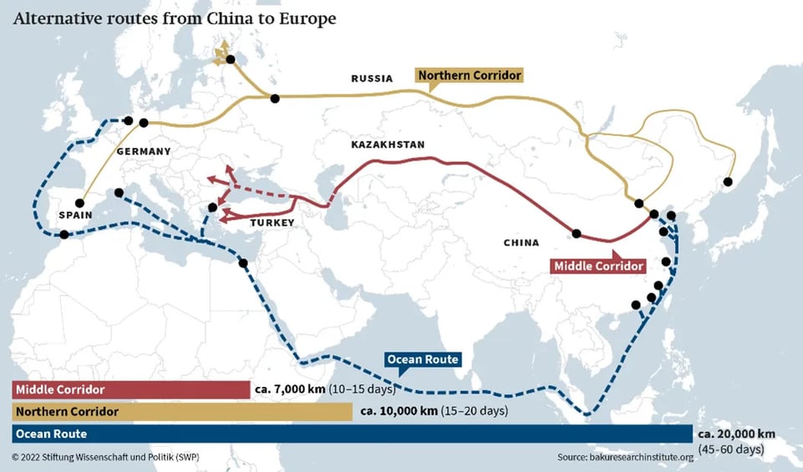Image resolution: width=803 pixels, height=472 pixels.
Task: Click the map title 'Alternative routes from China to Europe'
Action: click(x=175, y=18)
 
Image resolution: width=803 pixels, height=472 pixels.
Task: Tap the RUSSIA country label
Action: click(x=372, y=79)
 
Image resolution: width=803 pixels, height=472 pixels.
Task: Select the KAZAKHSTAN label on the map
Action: click(x=388, y=145)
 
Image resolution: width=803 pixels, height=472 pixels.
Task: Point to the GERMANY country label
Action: click(x=144, y=151)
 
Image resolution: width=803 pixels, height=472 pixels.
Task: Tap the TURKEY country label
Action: click(x=272, y=223)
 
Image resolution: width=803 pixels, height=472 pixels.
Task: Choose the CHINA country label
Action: click(x=521, y=243)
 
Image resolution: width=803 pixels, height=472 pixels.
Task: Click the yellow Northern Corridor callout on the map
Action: click(x=470, y=76)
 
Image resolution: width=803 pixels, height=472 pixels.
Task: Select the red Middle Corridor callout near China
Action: click(x=598, y=266)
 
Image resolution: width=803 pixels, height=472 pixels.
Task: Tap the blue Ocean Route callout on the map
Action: click(x=422, y=360)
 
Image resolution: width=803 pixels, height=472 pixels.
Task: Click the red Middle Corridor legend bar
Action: click(x=130, y=390)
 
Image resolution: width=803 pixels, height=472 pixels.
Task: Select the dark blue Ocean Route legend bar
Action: click(x=352, y=434)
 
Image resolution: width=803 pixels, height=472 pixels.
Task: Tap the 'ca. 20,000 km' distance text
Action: click(x=738, y=434)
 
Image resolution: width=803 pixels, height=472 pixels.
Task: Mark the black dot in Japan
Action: click(x=728, y=181)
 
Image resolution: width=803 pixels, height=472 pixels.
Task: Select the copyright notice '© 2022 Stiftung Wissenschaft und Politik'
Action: click(x=105, y=457)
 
